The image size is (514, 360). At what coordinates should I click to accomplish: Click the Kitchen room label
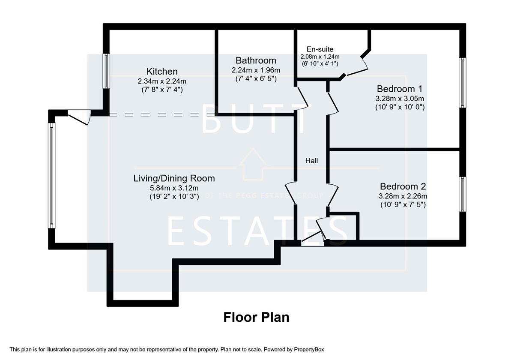[162, 71]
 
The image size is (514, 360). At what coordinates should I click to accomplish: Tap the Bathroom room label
[256, 60]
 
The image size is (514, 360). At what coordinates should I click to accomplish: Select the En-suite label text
[320, 49]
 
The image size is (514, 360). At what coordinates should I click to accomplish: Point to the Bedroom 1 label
[400, 89]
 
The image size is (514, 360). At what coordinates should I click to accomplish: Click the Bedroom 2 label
[403, 186]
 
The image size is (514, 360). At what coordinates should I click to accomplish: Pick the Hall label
[311, 161]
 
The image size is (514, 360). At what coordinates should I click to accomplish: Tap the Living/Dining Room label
[174, 178]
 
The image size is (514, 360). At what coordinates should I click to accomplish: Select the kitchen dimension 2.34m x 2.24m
[162, 81]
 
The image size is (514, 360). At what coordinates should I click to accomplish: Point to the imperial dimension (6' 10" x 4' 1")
[320, 63]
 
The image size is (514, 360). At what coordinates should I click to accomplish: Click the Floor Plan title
[256, 317]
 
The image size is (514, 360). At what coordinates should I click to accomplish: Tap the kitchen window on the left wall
[106, 71]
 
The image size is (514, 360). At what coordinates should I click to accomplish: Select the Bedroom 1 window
[462, 83]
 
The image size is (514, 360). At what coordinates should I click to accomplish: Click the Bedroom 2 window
[462, 194]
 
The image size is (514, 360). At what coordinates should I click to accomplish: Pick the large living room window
[52, 176]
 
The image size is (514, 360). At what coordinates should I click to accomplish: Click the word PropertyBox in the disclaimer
[311, 350]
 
